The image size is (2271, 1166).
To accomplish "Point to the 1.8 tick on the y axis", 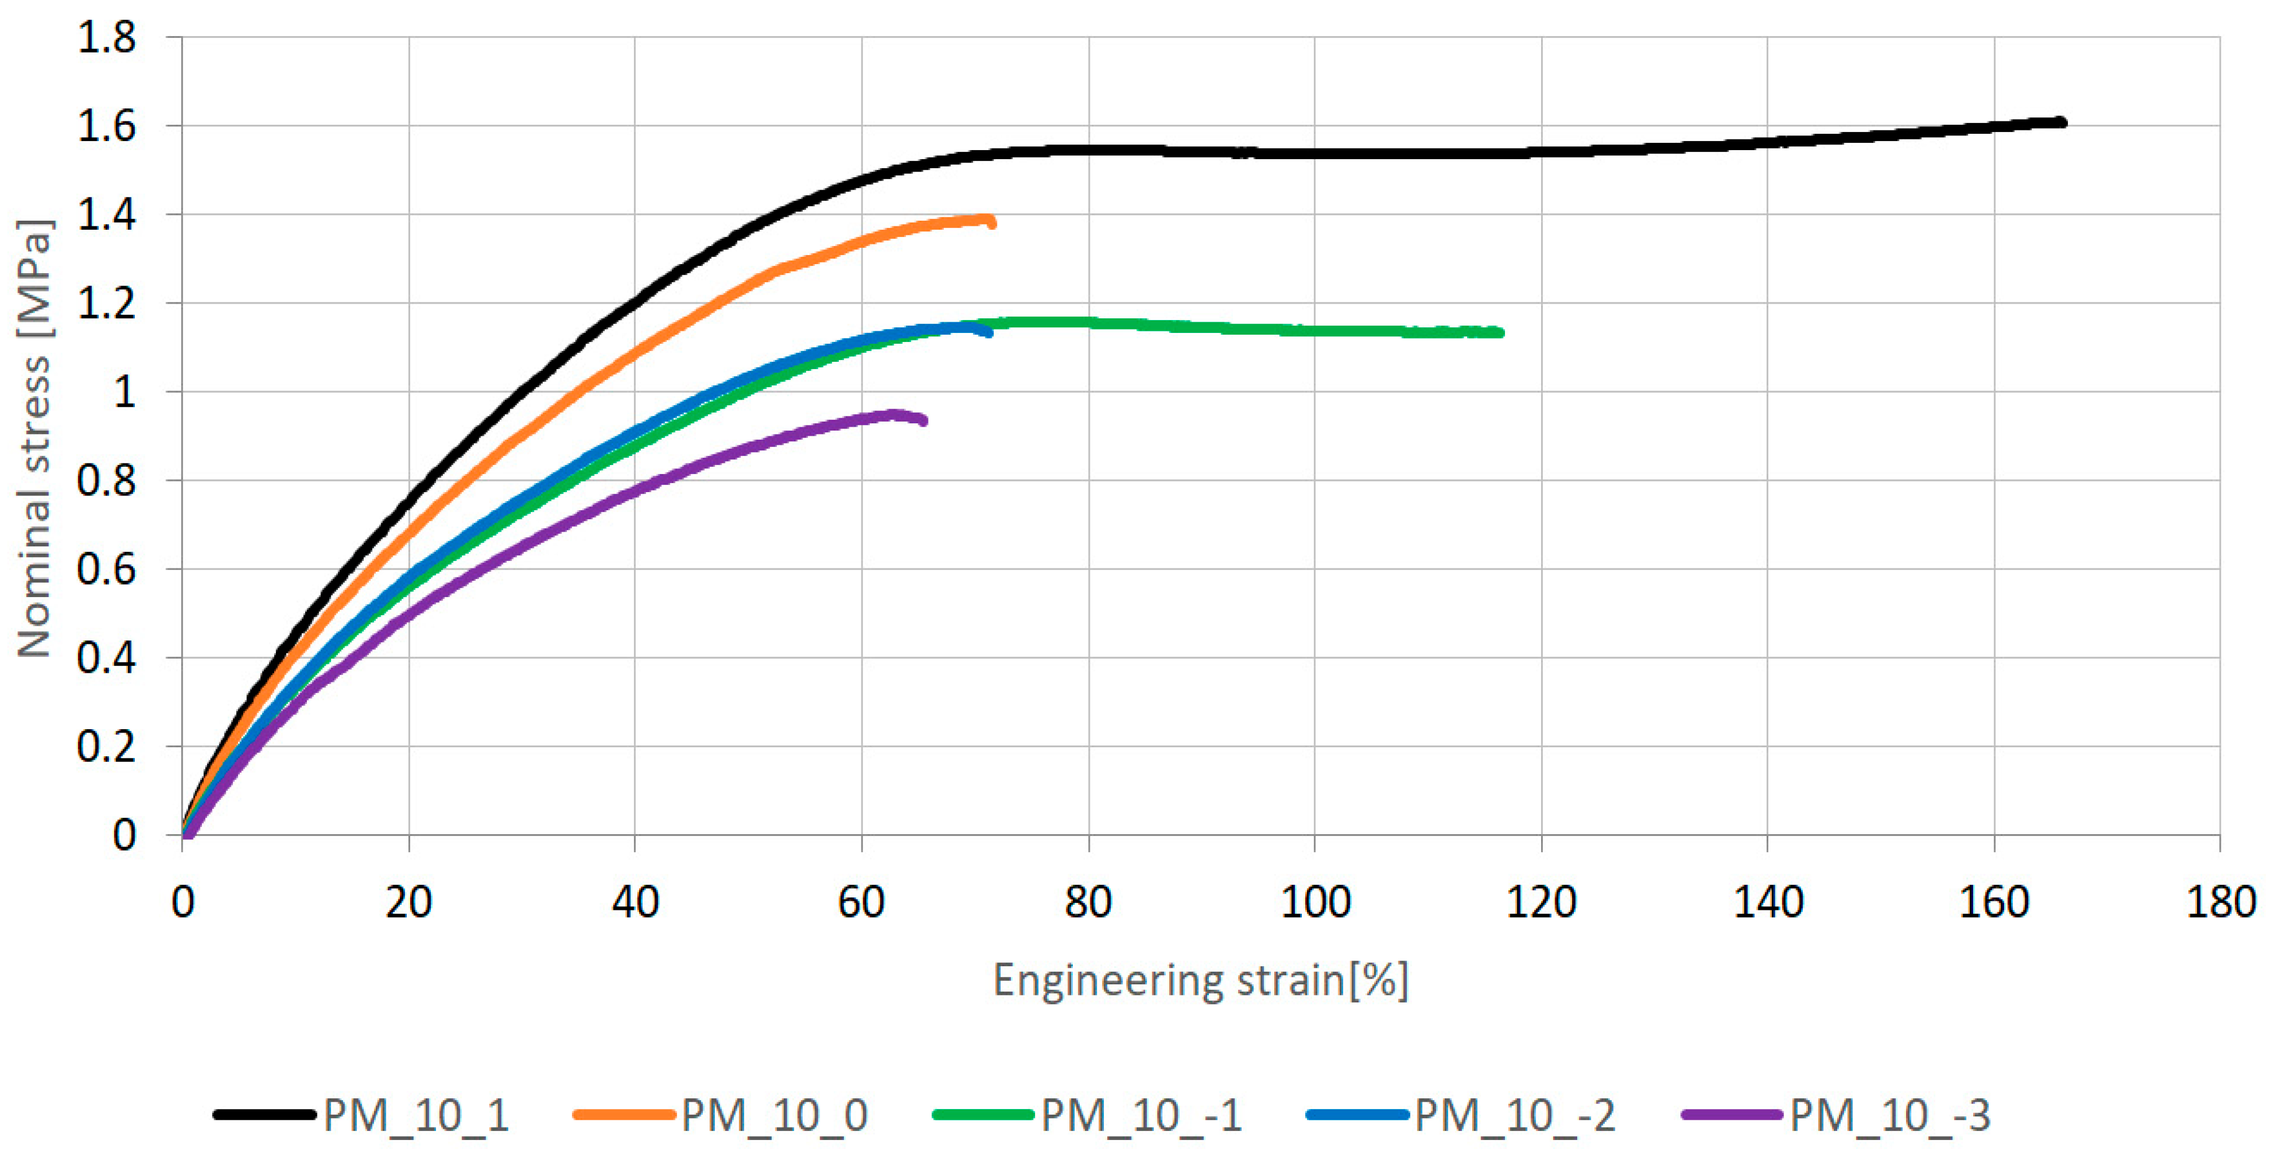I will tap(107, 38).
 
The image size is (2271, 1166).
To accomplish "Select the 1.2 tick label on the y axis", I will tap(107, 304).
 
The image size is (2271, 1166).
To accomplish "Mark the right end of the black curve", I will tap(2061, 122).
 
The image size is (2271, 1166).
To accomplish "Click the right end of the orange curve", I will tap(993, 223).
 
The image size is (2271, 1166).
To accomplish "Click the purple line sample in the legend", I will tap(1732, 1115).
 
